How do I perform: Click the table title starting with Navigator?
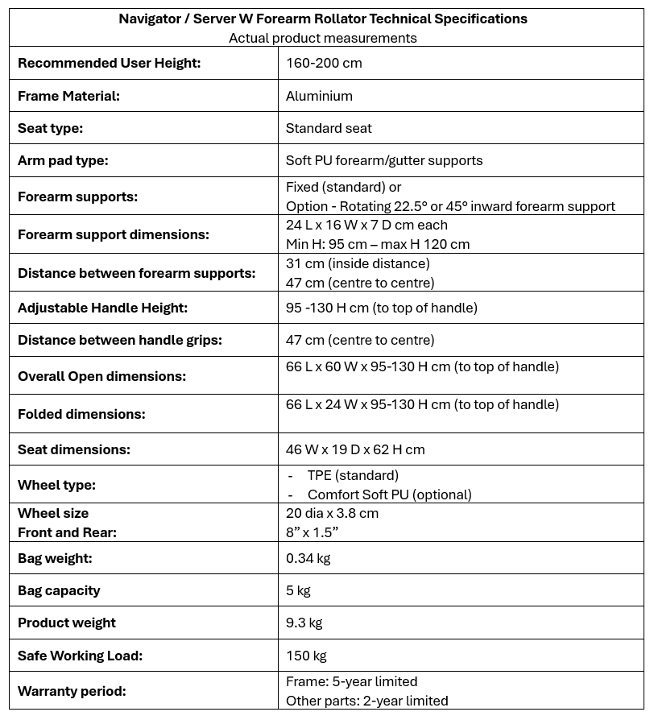click(323, 19)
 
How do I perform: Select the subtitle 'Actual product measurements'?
click(323, 38)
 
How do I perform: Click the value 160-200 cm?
click(324, 63)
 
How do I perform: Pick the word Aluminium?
click(319, 96)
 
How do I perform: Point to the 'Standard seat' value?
click(329, 128)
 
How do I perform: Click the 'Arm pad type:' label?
click(63, 160)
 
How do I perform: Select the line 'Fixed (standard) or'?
click(343, 187)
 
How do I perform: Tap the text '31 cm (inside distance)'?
click(358, 263)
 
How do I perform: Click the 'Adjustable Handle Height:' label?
click(102, 308)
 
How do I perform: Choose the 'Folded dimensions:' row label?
click(81, 414)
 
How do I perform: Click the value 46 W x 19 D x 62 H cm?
click(355, 449)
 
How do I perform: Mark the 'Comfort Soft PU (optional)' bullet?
click(389, 494)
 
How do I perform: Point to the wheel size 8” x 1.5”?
click(312, 532)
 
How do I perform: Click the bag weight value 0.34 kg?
click(308, 558)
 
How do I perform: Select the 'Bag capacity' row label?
click(59, 590)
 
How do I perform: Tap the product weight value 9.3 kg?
click(304, 623)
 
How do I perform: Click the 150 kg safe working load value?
click(306, 656)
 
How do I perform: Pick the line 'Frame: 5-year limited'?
click(351, 681)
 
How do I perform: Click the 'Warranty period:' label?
click(72, 691)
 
